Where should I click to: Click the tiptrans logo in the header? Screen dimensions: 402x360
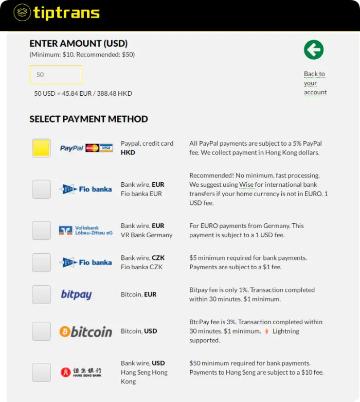57,12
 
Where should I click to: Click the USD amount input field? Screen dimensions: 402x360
56,75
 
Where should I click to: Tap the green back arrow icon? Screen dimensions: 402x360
314,50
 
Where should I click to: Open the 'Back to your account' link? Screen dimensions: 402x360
315,83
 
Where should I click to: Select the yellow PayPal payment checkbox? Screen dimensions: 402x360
41,148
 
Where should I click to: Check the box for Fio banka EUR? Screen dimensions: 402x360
41,189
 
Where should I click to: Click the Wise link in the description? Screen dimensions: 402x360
246,185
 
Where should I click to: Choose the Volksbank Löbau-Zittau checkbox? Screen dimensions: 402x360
41,230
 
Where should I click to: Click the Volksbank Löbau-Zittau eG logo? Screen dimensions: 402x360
85,230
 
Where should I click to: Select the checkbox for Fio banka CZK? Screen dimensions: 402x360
41,263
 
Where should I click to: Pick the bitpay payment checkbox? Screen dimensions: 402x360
41,295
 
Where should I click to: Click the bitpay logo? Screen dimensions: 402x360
76,295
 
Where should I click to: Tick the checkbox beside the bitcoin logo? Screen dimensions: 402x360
41,331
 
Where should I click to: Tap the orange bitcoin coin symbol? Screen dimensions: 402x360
65,331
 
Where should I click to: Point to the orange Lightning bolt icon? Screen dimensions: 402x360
266,331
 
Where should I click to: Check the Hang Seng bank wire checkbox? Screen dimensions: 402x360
41,372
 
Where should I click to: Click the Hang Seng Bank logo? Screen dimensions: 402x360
81,372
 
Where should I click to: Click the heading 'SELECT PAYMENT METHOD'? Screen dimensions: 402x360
88,119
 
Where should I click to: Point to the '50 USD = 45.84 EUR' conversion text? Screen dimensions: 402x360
83,94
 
